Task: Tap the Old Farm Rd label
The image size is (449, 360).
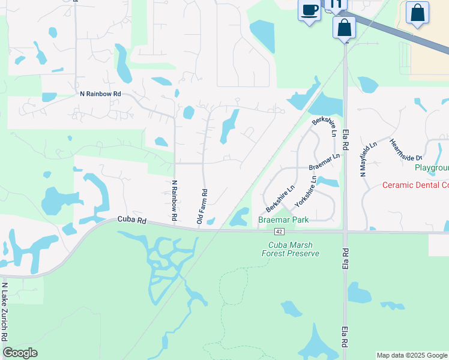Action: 202,207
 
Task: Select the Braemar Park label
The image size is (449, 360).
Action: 283,220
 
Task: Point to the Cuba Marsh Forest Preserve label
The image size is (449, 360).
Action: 291,249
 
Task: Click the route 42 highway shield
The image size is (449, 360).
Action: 280,232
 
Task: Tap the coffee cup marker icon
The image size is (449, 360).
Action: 309,11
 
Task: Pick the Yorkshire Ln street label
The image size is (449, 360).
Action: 306,191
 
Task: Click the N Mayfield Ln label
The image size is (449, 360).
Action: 368,158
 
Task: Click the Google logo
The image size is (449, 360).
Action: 20,353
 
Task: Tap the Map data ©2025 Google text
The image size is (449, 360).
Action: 412,355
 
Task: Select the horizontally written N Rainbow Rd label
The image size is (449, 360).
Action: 100,94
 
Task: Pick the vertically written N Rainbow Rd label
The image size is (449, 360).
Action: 174,200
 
